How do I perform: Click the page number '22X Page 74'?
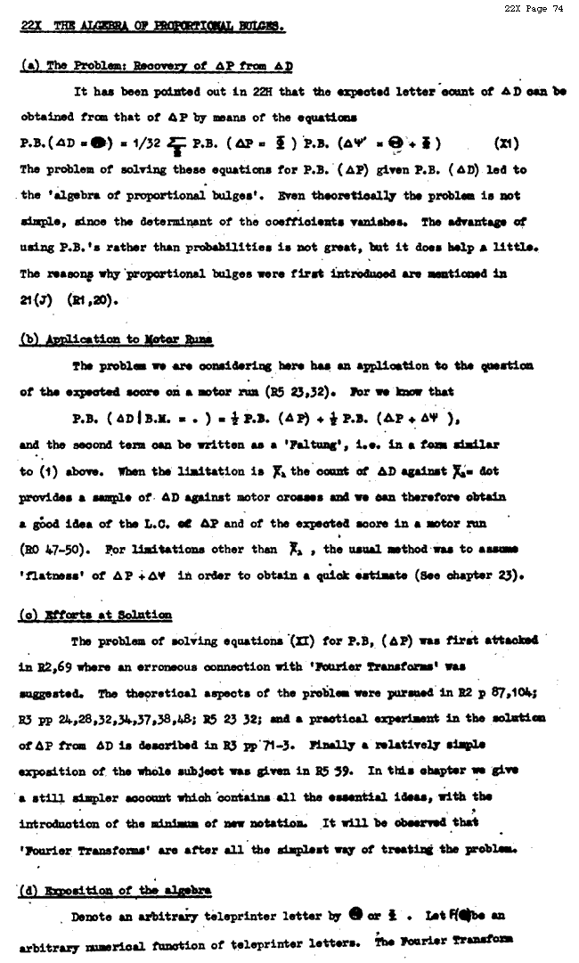click(x=534, y=9)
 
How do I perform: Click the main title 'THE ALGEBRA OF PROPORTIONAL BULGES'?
click(x=166, y=27)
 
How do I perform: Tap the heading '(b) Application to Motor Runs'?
click(x=117, y=340)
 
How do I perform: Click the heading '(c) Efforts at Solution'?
click(x=96, y=616)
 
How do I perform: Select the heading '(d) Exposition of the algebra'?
click(x=116, y=891)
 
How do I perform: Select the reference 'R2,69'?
click(x=53, y=665)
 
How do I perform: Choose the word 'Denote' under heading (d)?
click(x=92, y=917)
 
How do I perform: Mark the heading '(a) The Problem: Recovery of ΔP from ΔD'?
click(x=157, y=66)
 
